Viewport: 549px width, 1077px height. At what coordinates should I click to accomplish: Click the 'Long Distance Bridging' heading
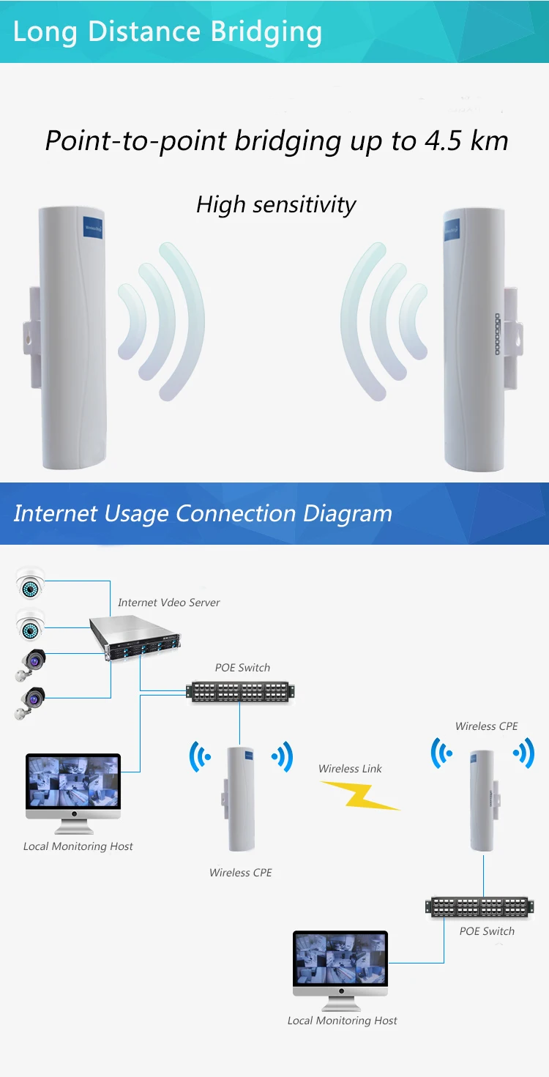[168, 32]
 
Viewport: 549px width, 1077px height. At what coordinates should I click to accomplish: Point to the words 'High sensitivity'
[276, 204]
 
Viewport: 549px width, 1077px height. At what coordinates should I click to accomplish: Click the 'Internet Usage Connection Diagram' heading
[203, 513]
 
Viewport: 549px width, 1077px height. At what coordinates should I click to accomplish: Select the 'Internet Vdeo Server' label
[168, 603]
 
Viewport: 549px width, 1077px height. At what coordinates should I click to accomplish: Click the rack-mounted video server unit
[136, 639]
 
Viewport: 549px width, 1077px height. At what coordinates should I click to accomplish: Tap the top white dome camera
[30, 585]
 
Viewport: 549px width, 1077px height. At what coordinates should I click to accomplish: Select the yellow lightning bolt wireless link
[360, 795]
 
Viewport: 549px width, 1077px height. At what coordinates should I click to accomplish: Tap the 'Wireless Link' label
[350, 769]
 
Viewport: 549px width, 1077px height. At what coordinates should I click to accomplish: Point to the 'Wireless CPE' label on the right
[486, 726]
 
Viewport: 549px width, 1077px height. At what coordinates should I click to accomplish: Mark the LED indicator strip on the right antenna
[496, 335]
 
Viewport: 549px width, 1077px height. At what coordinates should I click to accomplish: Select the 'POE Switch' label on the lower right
[487, 931]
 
